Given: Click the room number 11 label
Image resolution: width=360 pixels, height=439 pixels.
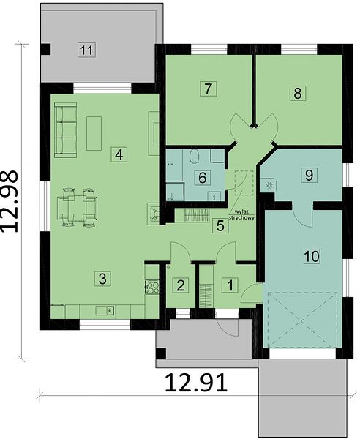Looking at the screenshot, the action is pos(86,50).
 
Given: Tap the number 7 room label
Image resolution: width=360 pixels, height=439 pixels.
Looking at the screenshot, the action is pos(208,89).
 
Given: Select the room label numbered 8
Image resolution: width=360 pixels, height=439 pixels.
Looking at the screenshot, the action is pos(298,93).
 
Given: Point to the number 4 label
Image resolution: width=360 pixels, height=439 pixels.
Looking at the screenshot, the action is pos(119,154).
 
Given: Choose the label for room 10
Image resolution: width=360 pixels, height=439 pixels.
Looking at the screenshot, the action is pos(312,256).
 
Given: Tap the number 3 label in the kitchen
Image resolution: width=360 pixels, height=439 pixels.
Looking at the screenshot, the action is pos(102,279).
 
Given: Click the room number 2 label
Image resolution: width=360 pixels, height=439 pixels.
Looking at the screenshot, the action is pos(181,285).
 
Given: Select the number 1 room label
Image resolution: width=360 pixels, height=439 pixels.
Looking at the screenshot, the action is pos(230,285).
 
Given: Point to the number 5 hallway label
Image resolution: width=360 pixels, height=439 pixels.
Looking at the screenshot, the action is pos(220,225).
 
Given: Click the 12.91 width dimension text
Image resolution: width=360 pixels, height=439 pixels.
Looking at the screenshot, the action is pos(195,383).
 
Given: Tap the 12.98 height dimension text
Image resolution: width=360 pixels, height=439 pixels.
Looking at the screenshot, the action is pos(9,202).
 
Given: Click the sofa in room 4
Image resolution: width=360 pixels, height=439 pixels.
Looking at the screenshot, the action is pos(66,130).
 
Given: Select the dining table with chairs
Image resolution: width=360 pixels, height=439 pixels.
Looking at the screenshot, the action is pos(77,207).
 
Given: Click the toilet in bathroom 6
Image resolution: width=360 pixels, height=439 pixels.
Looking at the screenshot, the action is pos(194,157).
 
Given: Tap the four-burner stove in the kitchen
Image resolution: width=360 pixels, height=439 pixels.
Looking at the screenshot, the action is pos(151,287).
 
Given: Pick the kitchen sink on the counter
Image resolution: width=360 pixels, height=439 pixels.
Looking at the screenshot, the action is pos(105,311).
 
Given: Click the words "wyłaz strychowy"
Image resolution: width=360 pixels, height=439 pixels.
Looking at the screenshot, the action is pos(241,214).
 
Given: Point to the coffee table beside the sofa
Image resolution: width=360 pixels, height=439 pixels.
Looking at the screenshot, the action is pos(94,134).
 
